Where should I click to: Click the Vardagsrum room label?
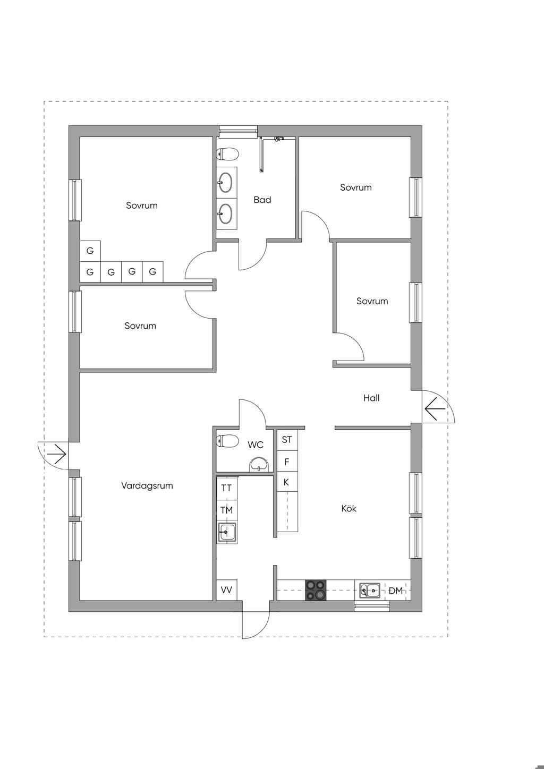click(x=147, y=486)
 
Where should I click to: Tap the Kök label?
click(x=348, y=508)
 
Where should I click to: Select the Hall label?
click(x=371, y=398)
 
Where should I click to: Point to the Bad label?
click(x=262, y=200)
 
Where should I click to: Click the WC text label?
click(x=256, y=445)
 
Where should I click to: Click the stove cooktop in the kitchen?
click(x=316, y=590)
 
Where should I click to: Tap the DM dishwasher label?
click(x=396, y=591)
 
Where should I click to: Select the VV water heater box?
click(x=227, y=590)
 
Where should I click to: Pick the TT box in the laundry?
click(x=227, y=488)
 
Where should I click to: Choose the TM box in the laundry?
click(x=227, y=510)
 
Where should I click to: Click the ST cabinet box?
click(x=287, y=440)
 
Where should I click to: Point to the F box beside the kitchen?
click(x=287, y=462)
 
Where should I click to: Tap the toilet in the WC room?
click(x=227, y=441)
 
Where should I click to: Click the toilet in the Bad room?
click(x=227, y=154)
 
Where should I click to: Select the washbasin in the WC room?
click(x=259, y=465)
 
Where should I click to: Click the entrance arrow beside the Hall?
click(x=435, y=408)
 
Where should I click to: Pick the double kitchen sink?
click(x=370, y=590)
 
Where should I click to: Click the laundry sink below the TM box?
click(x=227, y=533)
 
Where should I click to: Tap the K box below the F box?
click(x=287, y=482)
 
